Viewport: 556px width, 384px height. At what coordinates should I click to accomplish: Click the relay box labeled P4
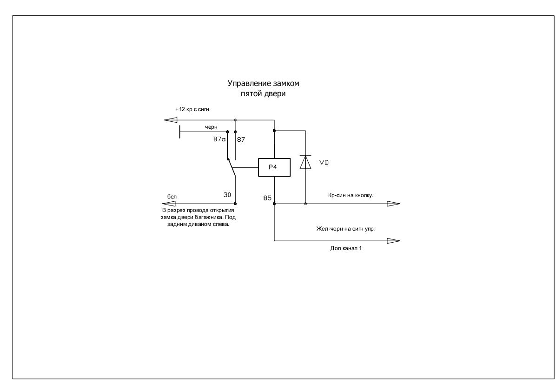(x=274, y=167)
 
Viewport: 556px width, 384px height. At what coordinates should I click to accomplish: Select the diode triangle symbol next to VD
(x=305, y=162)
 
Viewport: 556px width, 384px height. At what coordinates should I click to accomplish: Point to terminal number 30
(x=227, y=195)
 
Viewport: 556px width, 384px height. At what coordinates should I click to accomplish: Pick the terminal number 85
(x=267, y=198)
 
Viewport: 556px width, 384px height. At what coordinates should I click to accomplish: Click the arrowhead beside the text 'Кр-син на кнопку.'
(x=393, y=204)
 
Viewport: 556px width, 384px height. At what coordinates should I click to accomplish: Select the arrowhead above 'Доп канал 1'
(x=393, y=241)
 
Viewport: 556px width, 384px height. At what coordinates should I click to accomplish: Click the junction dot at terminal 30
(x=235, y=204)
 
